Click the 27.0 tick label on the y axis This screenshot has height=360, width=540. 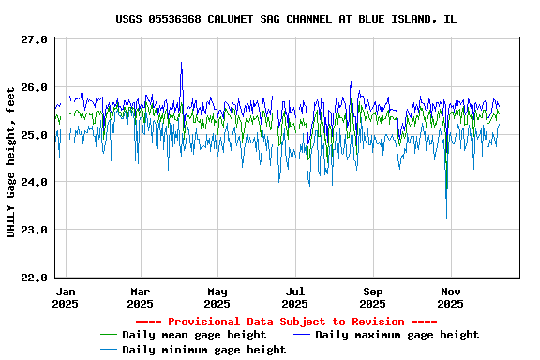pos(35,39)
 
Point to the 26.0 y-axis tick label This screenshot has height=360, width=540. pos(35,87)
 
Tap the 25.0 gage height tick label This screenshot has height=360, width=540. pos(35,135)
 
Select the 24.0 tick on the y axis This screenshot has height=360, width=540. pos(35,182)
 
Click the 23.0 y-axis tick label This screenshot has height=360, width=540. pos(35,230)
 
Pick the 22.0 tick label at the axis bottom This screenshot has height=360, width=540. pos(35,277)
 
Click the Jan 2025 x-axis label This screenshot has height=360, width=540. pos(66,297)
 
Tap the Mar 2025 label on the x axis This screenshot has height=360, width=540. pos(140,297)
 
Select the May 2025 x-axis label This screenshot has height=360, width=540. pos(217,297)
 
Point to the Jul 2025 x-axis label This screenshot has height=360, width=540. pos(294,297)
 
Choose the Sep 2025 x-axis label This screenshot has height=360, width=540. pos(373,297)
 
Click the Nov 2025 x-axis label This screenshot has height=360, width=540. pos(450,297)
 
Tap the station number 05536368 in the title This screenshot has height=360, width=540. pos(175,19)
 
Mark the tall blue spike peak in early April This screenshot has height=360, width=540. pos(181,63)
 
